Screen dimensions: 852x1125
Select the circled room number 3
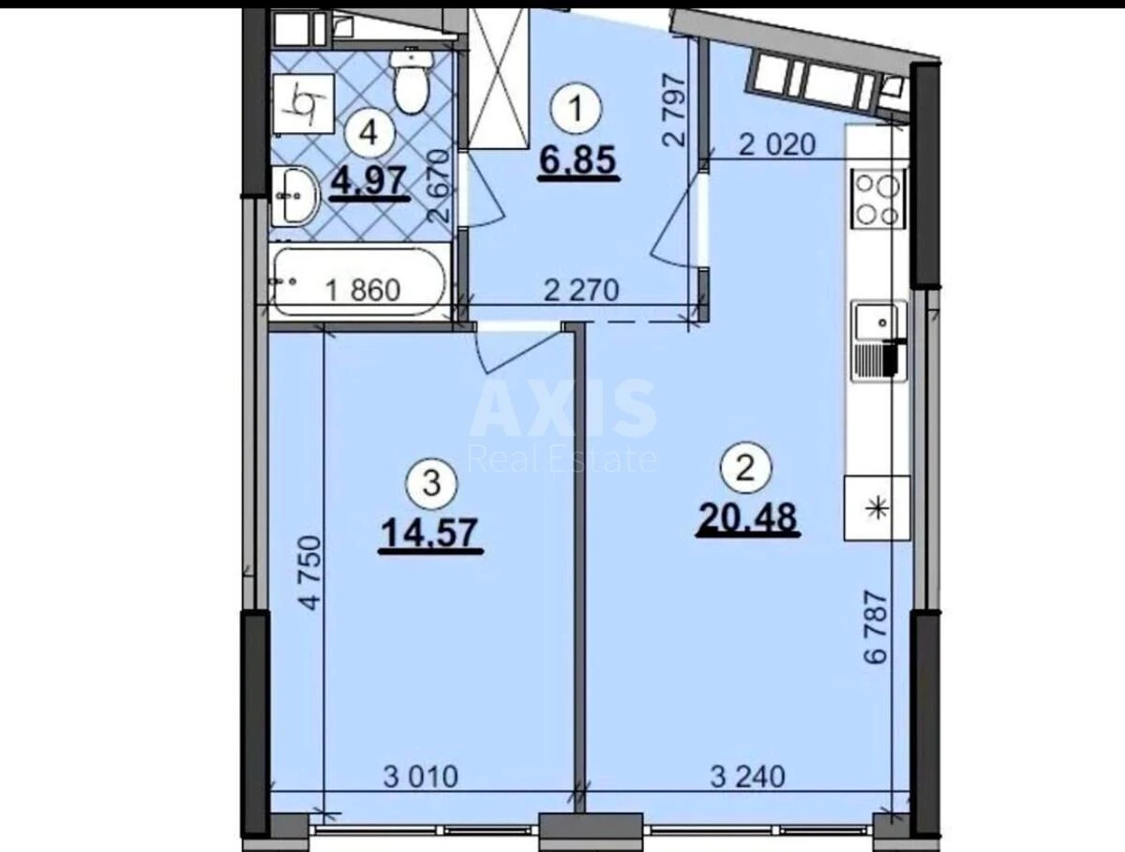[430, 484]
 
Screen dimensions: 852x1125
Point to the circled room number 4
[369, 132]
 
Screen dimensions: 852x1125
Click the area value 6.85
[577, 161]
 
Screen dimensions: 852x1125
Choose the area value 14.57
[430, 534]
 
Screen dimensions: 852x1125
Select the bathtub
[356, 282]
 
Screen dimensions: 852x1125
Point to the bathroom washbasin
[294, 195]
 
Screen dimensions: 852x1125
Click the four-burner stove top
[878, 199]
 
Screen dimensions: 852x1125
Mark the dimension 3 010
[421, 776]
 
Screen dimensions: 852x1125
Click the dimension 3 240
[747, 776]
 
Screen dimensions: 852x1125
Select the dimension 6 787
[875, 627]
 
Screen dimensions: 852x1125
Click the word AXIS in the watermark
[562, 409]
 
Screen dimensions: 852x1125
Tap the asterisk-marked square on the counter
[877, 508]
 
